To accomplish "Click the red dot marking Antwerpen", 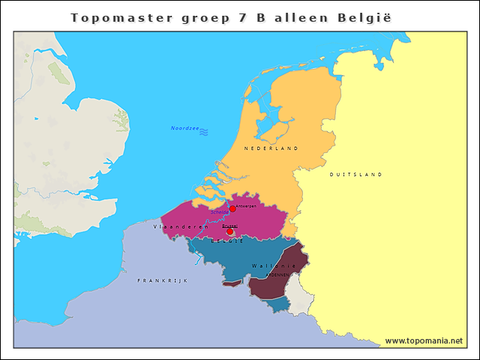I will point(232,208).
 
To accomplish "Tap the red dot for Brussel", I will point(229,232).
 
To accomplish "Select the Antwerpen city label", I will point(246,205).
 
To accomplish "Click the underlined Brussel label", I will point(229,225).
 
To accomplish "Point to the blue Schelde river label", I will point(220,212).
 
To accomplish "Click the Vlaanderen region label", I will point(181,226).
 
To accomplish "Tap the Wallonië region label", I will point(268,265).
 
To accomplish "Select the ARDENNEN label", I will point(277,275).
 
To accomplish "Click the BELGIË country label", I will point(227,241).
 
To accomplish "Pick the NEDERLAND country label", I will point(271,148).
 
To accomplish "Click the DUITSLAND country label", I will point(356,174).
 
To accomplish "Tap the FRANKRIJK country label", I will point(163,280).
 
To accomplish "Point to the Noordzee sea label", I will point(184,128).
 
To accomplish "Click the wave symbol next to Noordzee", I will point(203,131).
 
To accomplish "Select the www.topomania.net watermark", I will point(424,340).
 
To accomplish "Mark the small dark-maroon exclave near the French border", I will point(233,283).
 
